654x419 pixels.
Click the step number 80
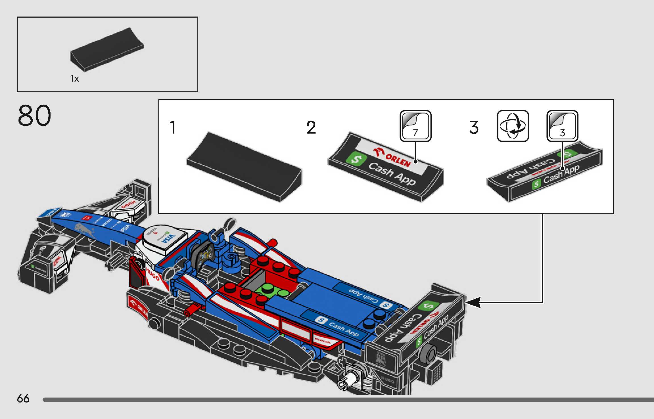pos(34,116)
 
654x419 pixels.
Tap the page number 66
pos(23,399)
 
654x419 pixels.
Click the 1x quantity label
pos(74,79)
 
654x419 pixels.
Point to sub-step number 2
pos(311,127)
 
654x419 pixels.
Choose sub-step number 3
pos(474,127)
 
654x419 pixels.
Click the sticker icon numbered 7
pos(415,126)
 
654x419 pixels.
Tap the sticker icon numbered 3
pos(562,126)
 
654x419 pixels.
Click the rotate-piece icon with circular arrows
pos(513,126)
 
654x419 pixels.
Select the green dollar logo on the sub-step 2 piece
pos(356,159)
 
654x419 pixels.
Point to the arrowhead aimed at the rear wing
pos(473,302)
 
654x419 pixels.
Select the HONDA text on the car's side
pos(322,340)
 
